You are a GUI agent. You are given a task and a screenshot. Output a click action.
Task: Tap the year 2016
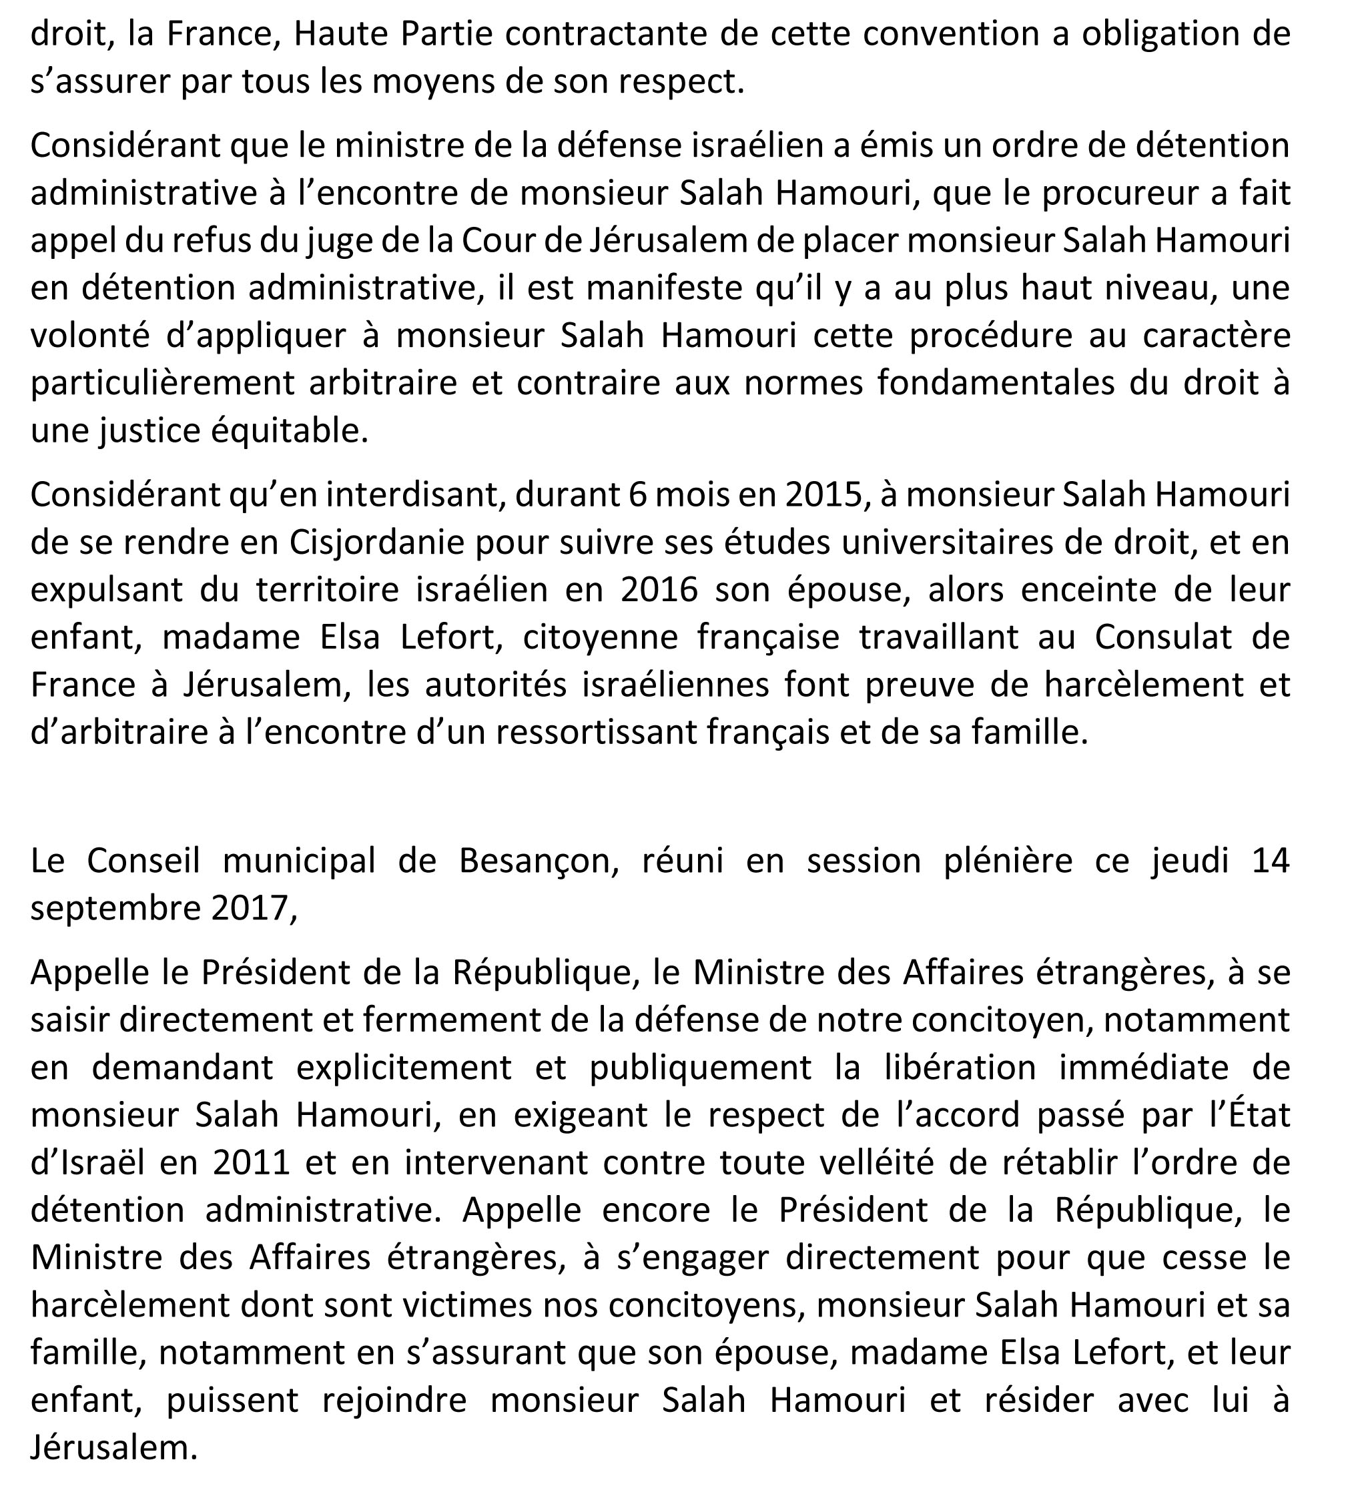click(659, 590)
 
